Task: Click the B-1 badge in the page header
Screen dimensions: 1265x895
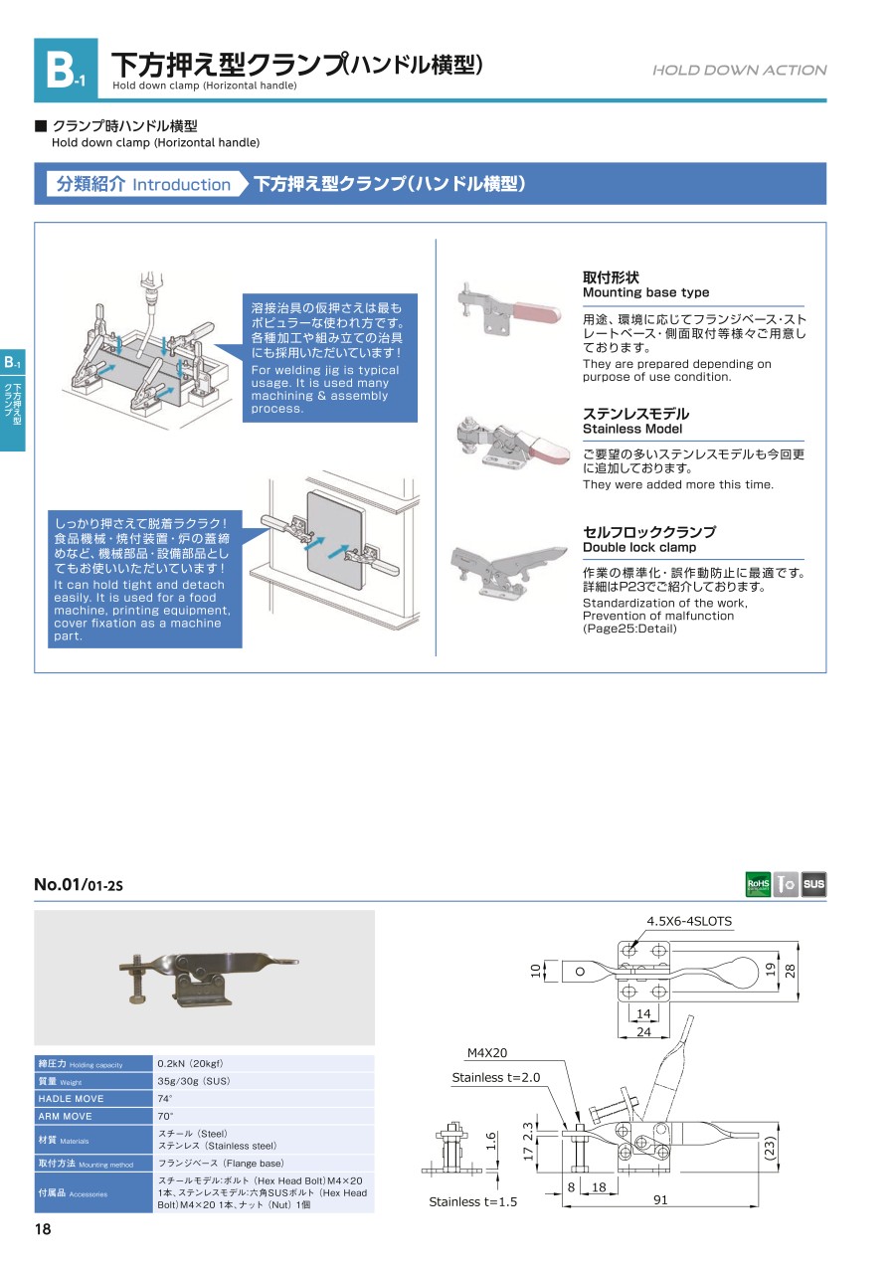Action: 66,70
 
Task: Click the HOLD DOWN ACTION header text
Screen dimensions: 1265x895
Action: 739,71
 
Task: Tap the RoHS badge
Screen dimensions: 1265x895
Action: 758,883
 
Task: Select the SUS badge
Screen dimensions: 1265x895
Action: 813,883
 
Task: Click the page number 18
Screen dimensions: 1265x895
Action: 43,1230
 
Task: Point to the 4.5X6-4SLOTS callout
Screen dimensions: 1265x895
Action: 689,922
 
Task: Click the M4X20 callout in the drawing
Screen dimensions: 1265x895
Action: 487,1053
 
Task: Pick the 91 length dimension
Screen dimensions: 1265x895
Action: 659,1200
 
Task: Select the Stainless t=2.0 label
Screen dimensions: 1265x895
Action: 495,1078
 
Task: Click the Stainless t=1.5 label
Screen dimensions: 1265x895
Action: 473,1202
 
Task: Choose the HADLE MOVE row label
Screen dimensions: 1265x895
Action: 71,1098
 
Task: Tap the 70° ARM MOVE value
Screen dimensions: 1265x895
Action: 165,1116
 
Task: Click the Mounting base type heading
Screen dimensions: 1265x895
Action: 645,292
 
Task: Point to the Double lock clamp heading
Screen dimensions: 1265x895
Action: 638,547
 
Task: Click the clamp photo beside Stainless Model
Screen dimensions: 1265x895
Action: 503,442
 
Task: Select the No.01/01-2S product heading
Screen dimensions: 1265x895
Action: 79,884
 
